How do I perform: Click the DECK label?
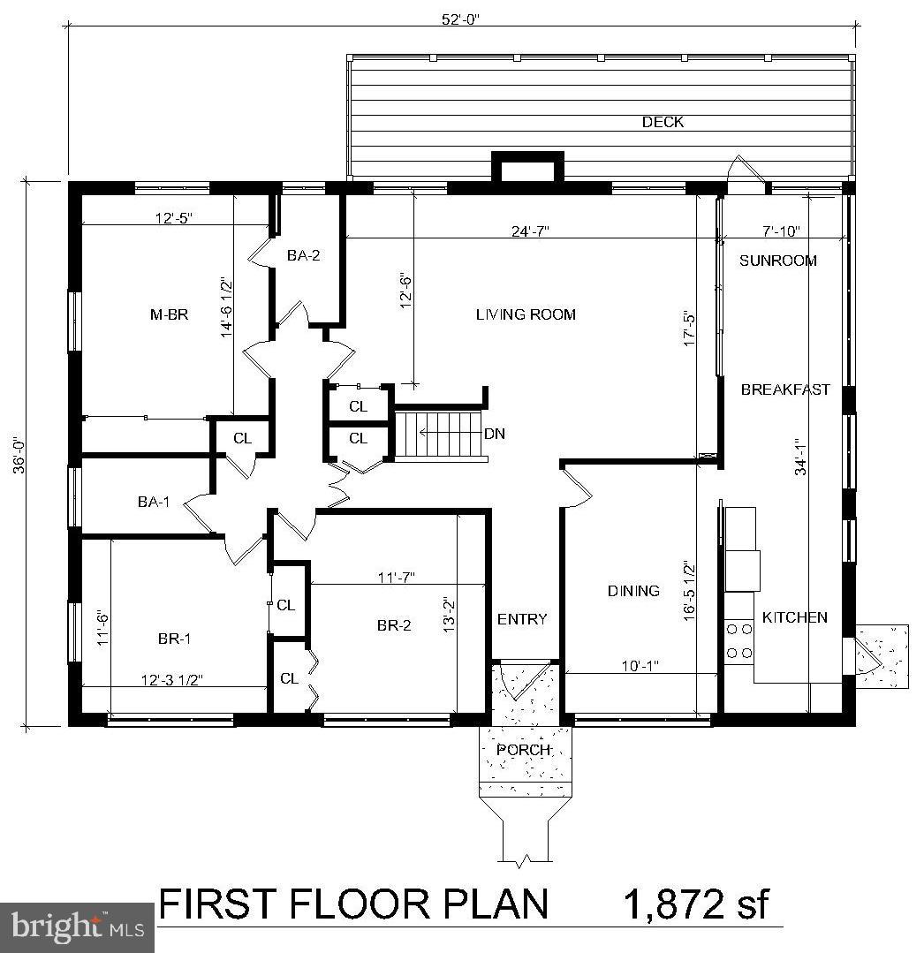(663, 123)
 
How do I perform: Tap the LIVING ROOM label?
(526, 314)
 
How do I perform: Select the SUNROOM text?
(777, 261)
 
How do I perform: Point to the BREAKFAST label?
(785, 390)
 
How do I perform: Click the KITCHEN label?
(794, 617)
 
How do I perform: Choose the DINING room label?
(633, 591)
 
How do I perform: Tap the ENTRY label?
(522, 619)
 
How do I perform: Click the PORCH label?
(524, 750)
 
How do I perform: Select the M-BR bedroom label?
(169, 314)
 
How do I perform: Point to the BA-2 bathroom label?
(303, 256)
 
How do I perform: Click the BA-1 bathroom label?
(154, 502)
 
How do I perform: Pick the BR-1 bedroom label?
(174, 639)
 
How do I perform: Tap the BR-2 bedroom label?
(394, 625)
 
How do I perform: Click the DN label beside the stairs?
(495, 434)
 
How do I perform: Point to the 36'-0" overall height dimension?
(19, 453)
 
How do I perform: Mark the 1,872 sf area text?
(697, 905)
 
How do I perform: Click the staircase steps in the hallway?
(440, 435)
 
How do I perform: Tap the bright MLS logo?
(77, 927)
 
